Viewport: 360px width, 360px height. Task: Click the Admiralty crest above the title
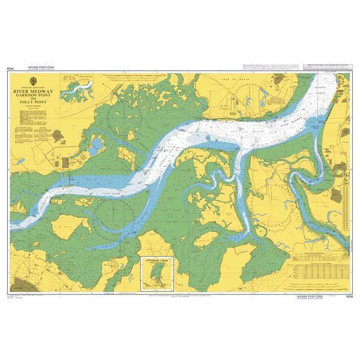[34, 83]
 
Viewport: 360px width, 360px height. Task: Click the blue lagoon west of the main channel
[96, 145]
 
